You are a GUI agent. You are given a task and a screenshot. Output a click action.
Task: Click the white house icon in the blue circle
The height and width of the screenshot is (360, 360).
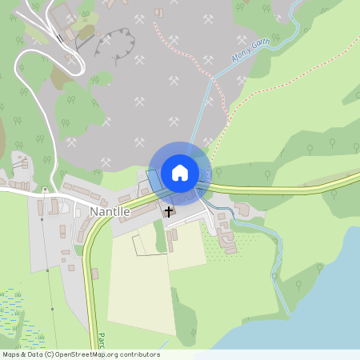click(x=180, y=172)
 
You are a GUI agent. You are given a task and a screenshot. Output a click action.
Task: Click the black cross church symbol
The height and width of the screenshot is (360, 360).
click(x=168, y=211)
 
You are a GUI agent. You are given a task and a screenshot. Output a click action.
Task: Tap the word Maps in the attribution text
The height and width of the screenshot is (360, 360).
click(x=11, y=354)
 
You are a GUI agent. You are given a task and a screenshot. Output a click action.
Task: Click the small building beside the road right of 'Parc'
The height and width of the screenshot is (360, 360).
click(x=94, y=274)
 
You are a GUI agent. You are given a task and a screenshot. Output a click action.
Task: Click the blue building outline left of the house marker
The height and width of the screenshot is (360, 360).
click(x=154, y=179)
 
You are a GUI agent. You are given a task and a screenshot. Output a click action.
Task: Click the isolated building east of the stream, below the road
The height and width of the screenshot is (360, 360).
click(x=242, y=209)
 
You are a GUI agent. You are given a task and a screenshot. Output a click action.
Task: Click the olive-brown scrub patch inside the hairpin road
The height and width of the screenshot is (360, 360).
click(x=61, y=76)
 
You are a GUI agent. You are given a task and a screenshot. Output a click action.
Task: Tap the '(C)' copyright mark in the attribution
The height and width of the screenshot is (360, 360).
click(x=50, y=354)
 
